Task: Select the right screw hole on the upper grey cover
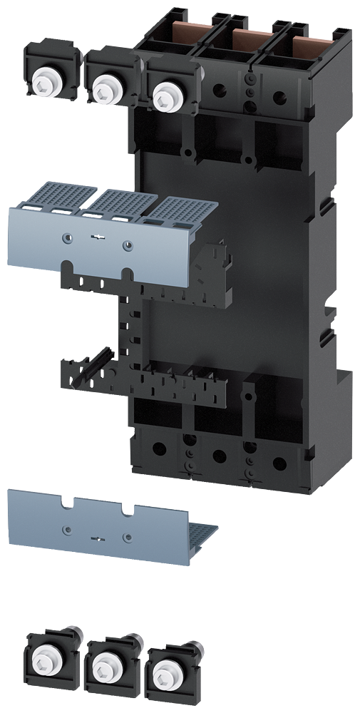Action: click(x=128, y=245)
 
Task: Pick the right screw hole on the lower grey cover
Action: click(x=127, y=537)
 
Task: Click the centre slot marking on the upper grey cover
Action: click(x=97, y=240)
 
